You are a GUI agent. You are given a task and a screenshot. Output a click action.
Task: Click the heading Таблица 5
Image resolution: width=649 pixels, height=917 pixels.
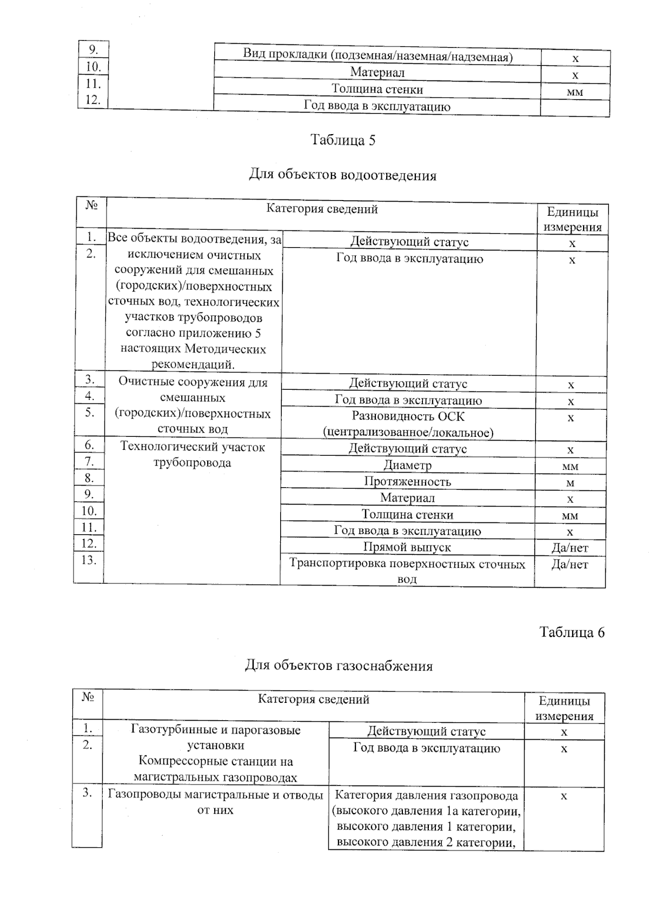point(342,140)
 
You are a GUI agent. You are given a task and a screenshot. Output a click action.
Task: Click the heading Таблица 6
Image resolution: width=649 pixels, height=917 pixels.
point(572,632)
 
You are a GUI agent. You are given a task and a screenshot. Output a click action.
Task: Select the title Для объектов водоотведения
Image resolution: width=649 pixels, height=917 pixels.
point(342,175)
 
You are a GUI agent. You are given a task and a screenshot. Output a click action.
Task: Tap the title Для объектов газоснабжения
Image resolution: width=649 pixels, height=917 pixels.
point(339,666)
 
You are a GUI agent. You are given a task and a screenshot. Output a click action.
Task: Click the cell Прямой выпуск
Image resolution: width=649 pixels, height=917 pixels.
point(407,547)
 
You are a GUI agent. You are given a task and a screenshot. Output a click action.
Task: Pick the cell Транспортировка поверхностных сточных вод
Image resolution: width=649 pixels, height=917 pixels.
point(407,571)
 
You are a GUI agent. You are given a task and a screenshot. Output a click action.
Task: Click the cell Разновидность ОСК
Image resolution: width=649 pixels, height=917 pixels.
point(408,424)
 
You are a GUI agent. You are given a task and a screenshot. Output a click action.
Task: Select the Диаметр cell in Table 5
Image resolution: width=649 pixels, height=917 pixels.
point(407,465)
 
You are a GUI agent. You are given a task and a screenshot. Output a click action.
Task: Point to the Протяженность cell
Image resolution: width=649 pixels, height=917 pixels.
point(407,481)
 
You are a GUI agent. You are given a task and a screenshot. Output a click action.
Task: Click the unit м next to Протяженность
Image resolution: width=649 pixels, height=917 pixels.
point(570,483)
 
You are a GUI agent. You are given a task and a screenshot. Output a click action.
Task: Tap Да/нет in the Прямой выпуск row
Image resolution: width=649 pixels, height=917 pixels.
point(569,548)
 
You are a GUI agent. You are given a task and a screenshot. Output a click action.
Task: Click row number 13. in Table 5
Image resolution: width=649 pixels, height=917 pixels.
point(89,560)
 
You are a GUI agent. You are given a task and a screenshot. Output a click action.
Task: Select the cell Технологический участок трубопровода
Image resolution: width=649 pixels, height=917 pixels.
point(192,455)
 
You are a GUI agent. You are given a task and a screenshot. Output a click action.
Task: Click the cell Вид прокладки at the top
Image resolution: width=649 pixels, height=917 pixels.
point(377,56)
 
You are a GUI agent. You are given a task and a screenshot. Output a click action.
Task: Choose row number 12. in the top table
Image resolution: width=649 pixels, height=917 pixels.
point(93,100)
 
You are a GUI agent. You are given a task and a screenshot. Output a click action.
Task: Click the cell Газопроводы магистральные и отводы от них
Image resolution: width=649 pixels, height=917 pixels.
point(215,802)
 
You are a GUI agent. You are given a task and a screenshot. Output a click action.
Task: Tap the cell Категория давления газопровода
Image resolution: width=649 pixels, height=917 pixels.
point(426,818)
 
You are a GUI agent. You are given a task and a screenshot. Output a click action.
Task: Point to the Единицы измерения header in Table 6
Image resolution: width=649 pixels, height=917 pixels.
point(564,708)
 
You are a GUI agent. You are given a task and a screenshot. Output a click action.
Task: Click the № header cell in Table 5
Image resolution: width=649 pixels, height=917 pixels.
point(91,205)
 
